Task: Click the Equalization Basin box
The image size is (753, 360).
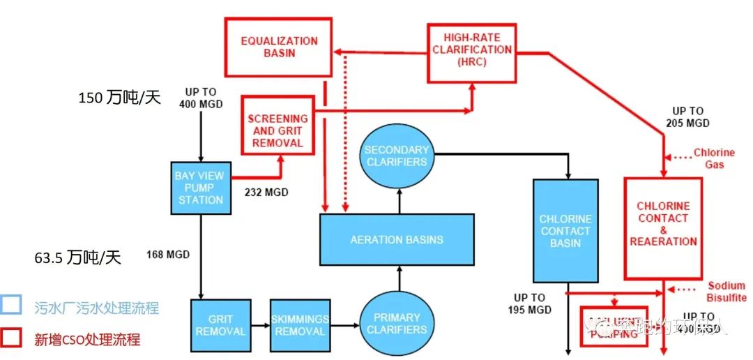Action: point(278,47)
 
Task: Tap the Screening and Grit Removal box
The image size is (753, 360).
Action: point(277,126)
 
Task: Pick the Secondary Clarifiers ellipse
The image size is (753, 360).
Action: point(395,156)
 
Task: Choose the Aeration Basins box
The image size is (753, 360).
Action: point(396,239)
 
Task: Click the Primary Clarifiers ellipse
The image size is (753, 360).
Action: point(396,323)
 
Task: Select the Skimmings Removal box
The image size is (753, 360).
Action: point(299,324)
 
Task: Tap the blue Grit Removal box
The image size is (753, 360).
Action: point(220,324)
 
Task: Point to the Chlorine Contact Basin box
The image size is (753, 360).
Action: point(565,231)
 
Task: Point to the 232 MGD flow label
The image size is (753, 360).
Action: point(266,192)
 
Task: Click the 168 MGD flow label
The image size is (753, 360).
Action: point(168,254)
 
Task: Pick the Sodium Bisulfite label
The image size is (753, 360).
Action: point(727,292)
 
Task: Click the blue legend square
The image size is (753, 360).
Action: point(11,307)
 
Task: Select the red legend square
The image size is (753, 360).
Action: point(11,338)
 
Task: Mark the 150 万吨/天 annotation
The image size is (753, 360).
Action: point(119,98)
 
